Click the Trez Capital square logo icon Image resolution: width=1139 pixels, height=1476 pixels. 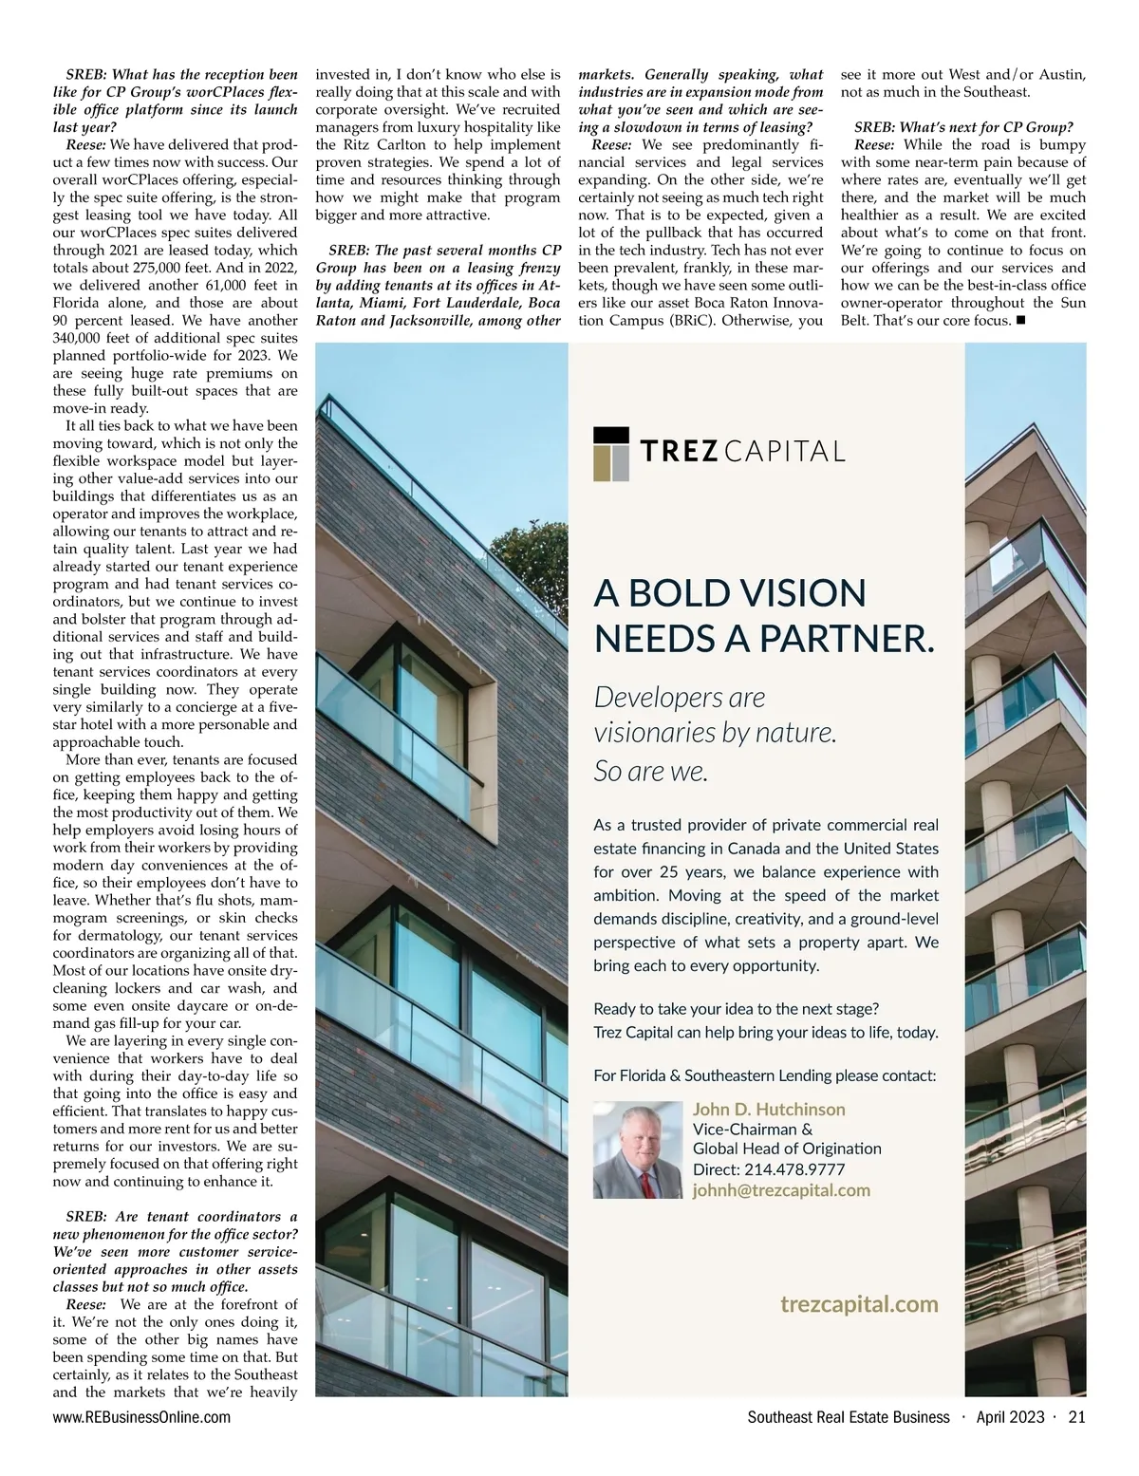[612, 453]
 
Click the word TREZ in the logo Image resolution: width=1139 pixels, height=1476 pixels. [680, 451]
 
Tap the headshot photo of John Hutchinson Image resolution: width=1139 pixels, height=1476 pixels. [638, 1149]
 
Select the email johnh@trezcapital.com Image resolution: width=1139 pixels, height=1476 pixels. [781, 1190]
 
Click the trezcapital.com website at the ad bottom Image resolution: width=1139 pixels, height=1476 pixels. [858, 1304]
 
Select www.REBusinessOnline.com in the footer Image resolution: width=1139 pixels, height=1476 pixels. [141, 1418]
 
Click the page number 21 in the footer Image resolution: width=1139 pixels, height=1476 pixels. [1076, 1418]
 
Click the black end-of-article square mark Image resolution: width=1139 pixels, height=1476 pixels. [1020, 321]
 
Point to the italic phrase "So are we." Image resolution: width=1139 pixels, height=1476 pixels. [650, 772]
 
